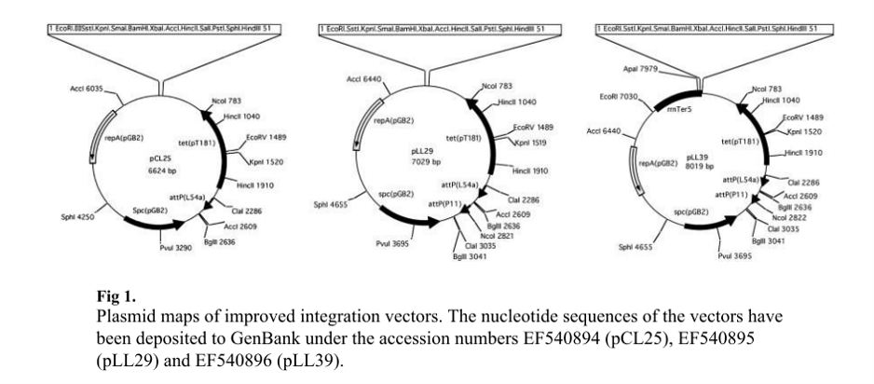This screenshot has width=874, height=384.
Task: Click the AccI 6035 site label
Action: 85,90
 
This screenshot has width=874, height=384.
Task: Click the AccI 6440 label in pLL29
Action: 365,80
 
